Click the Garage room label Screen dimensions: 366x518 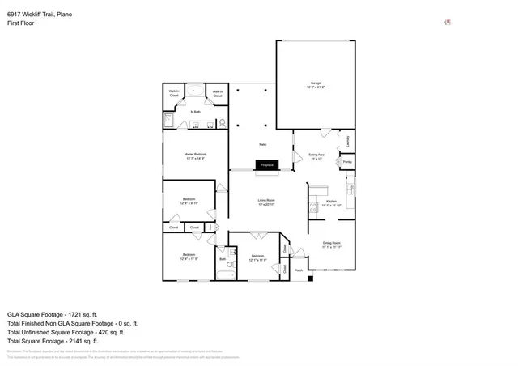pyautogui.click(x=316, y=83)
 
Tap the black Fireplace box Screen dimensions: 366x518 pyautogui.click(x=267, y=165)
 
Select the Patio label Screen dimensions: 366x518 pyautogui.click(x=262, y=144)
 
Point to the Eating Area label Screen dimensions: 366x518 pyautogui.click(x=317, y=155)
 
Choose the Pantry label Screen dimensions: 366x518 pyautogui.click(x=347, y=162)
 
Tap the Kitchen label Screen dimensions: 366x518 pyautogui.click(x=330, y=202)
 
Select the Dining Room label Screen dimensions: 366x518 pyautogui.click(x=332, y=244)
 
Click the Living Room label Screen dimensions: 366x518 pyautogui.click(x=267, y=201)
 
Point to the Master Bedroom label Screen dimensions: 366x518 pyautogui.click(x=195, y=155)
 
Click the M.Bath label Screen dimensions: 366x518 pyautogui.click(x=196, y=111)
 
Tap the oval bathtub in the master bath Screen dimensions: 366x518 pyautogui.click(x=196, y=91)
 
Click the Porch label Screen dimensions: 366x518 pyautogui.click(x=298, y=270)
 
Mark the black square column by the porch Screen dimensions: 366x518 pyautogui.click(x=310, y=279)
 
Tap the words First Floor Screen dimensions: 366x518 pyautogui.click(x=21, y=23)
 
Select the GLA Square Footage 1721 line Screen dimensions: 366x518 pyautogui.click(x=52, y=313)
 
